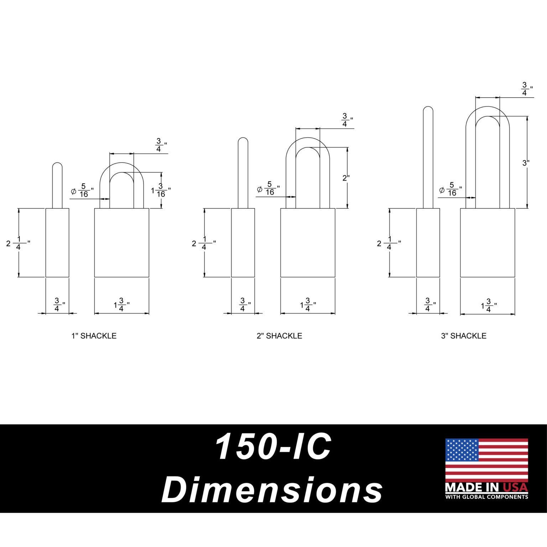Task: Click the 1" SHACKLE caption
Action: [x=94, y=336]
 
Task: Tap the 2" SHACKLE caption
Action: [x=280, y=336]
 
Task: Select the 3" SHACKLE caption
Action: [x=464, y=336]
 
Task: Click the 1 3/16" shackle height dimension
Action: [x=161, y=190]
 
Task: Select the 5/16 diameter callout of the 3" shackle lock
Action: [x=451, y=189]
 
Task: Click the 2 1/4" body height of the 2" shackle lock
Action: [x=203, y=243]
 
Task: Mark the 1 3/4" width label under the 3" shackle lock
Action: [x=489, y=306]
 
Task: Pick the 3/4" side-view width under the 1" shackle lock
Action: [x=58, y=305]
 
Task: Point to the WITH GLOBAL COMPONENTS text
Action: [x=486, y=497]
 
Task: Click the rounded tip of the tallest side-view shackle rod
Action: [x=428, y=110]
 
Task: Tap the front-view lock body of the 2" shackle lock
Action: [x=308, y=243]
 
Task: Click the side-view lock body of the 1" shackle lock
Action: [x=57, y=243]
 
